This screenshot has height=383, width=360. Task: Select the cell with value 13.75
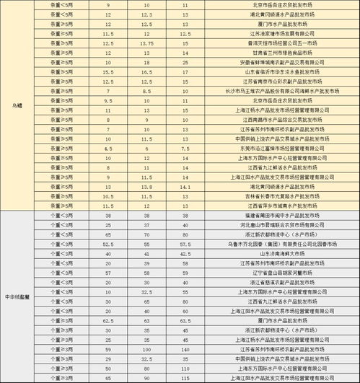point(146,43)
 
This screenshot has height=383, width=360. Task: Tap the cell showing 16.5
point(146,72)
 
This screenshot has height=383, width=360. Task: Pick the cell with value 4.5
point(108,148)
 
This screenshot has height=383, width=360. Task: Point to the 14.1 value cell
point(185,185)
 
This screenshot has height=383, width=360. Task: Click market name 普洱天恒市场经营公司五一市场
point(276,43)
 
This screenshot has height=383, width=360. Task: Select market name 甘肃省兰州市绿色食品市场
point(276,53)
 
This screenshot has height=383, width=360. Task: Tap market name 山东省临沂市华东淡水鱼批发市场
point(276,72)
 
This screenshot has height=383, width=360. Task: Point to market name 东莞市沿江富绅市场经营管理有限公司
point(276,148)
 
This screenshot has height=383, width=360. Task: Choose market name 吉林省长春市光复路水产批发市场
point(276,195)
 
